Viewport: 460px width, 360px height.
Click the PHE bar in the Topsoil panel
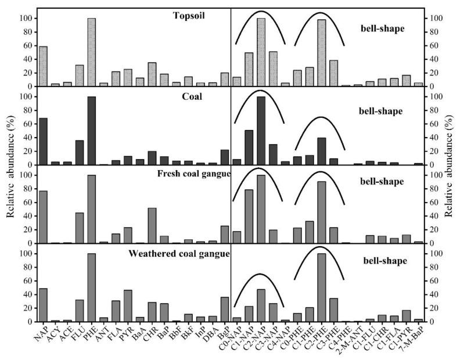coord(91,52)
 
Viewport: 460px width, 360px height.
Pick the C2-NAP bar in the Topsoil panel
coord(261,52)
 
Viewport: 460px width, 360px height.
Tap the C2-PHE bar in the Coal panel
coord(321,151)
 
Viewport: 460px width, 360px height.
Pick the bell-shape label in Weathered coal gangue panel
coord(380,261)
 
